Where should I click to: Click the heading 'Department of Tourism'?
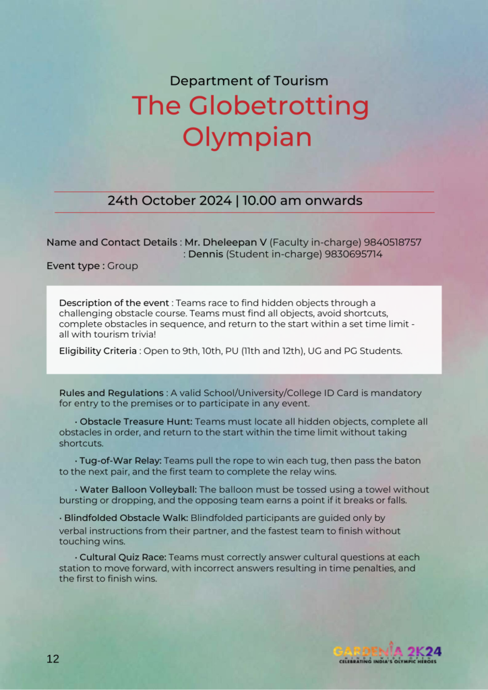point(249,81)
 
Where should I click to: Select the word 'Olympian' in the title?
point(247,137)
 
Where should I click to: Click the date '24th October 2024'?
point(170,201)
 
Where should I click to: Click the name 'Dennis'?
point(206,254)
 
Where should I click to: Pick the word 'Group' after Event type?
point(123,266)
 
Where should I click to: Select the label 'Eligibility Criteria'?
point(98,350)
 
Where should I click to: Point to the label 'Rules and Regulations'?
point(111,393)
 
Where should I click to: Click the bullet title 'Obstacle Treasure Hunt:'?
point(136,421)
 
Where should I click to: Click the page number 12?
point(53,658)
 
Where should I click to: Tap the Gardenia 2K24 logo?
point(388,653)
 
